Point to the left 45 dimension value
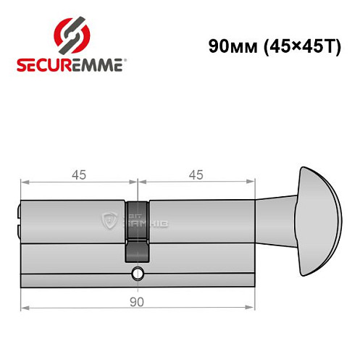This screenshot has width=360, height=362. coord(79,174)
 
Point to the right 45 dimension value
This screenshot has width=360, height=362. coord(195,174)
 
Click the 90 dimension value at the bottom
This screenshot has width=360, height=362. coord(137,300)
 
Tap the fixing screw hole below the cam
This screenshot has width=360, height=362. coord(136,274)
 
